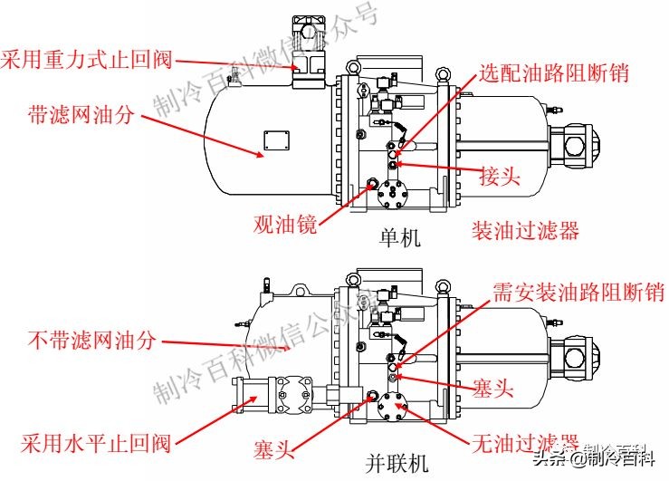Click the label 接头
[500, 176]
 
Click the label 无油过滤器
[526, 443]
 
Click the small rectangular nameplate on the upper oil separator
[270, 141]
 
